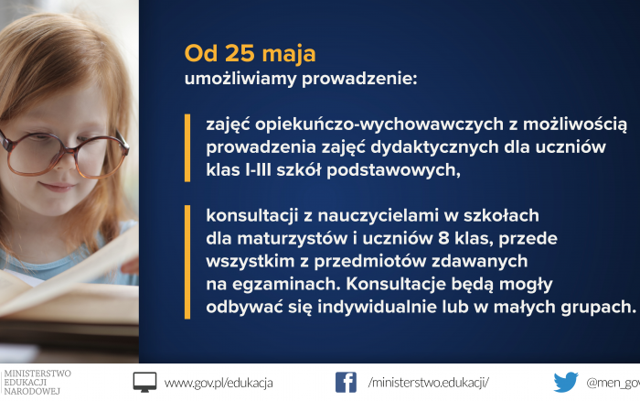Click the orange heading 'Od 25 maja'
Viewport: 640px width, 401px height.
250,54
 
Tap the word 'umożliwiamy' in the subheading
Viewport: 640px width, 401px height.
240,79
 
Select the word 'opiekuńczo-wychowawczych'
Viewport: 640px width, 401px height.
379,125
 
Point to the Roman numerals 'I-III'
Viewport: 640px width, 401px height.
259,169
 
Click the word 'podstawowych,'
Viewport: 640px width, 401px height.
393,170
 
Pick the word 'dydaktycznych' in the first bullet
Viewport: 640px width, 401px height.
434,147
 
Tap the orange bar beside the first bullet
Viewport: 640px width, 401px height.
187,147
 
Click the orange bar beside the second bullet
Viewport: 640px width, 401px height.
187,262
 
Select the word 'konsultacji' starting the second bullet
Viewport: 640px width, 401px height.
251,215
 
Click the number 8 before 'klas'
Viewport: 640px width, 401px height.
443,238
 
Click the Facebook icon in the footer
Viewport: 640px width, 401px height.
346,382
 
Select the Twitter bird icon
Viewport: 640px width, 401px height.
566,382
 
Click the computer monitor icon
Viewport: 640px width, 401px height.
144,382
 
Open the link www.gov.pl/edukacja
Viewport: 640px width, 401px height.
219,383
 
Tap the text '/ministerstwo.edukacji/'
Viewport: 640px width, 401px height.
428,383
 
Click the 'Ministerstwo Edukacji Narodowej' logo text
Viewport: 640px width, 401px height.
37,382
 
